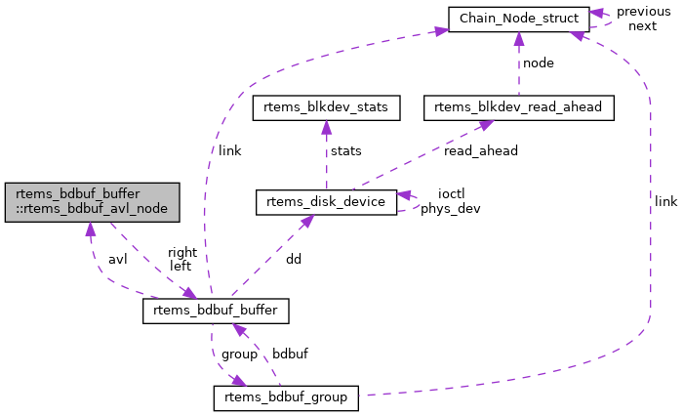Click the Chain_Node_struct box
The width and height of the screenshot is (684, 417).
[x=517, y=19]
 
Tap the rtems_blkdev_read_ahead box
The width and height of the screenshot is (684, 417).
[x=518, y=108]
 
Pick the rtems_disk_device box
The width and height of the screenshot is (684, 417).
[x=326, y=202]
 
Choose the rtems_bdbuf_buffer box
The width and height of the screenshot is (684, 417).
[x=216, y=312]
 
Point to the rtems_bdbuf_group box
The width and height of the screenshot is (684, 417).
[x=286, y=398]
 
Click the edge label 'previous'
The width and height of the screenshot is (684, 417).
[x=643, y=12]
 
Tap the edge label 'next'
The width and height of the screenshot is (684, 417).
[x=642, y=25]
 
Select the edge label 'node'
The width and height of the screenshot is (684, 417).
[x=539, y=63]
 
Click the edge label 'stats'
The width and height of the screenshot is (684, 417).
[x=345, y=152]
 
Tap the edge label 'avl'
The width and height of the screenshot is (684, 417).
[x=117, y=260]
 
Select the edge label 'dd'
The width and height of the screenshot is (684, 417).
[x=294, y=260]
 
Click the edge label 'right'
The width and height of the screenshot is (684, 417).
[x=182, y=252]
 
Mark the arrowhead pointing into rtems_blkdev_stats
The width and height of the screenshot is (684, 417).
[x=326, y=127]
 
